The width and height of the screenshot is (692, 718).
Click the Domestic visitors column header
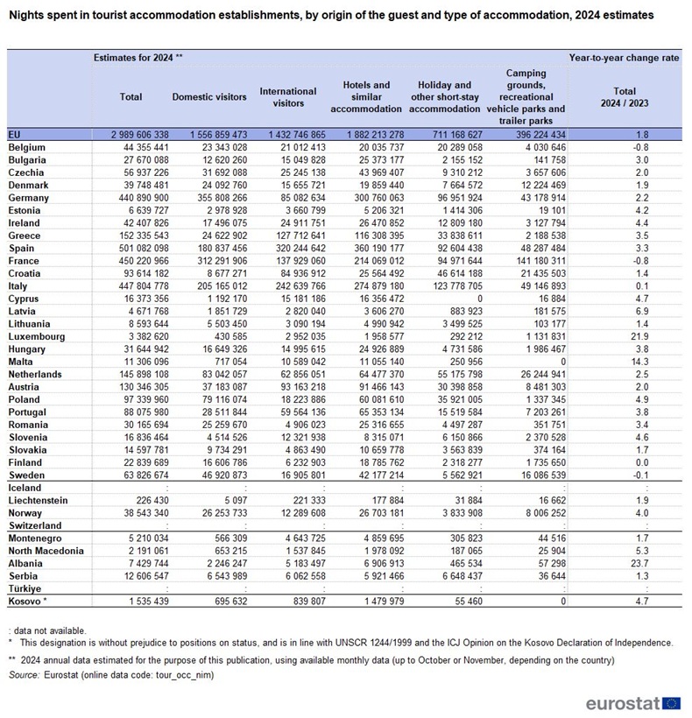(x=209, y=97)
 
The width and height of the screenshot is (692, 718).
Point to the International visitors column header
(x=288, y=97)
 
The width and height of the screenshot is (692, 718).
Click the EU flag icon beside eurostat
(x=673, y=703)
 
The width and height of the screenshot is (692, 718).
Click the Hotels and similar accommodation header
(x=366, y=97)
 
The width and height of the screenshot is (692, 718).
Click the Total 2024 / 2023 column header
(x=624, y=97)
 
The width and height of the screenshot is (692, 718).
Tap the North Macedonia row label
(x=46, y=551)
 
